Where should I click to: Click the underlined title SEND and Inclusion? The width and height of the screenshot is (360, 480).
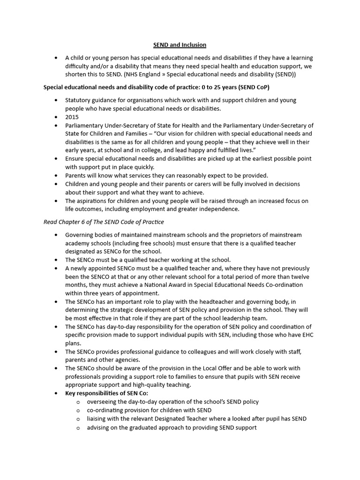pos(180,45)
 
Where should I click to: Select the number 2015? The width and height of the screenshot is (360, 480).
pos(72,117)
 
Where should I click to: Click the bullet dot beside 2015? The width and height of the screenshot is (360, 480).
pos(56,117)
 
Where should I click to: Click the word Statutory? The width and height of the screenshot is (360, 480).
pos(78,100)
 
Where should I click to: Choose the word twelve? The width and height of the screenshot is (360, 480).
pos(298,277)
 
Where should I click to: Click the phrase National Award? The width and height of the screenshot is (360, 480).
pos(161,285)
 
